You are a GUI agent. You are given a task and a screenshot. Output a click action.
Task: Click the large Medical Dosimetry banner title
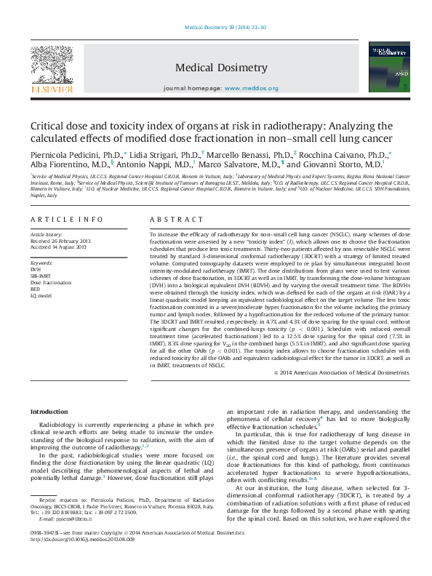click(x=221, y=68)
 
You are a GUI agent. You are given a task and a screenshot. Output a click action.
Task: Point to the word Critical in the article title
click(x=48, y=125)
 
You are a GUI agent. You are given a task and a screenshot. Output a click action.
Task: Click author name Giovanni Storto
click(x=351, y=165)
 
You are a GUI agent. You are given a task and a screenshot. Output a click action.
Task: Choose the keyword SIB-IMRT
click(x=39, y=276)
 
